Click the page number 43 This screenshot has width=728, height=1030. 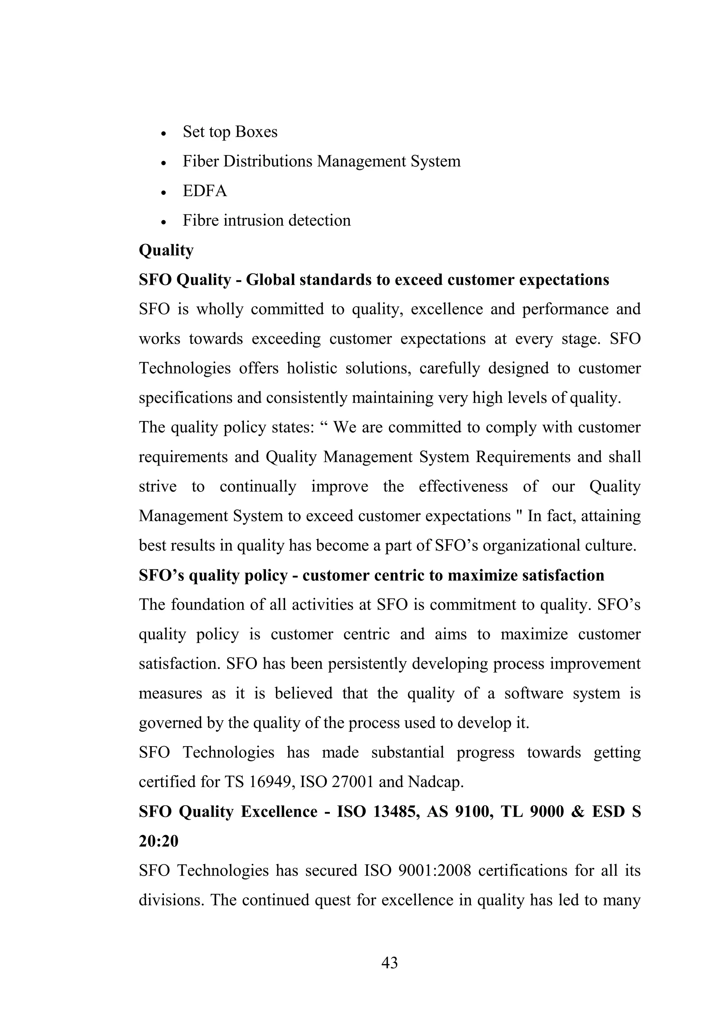point(389,963)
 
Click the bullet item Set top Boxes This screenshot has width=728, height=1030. point(230,132)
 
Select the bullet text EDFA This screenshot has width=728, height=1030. point(205,191)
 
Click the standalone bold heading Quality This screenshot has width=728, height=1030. point(166,250)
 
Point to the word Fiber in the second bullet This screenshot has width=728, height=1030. point(201,161)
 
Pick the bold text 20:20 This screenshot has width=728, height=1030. point(158,841)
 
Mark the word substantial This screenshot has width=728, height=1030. point(407,752)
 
